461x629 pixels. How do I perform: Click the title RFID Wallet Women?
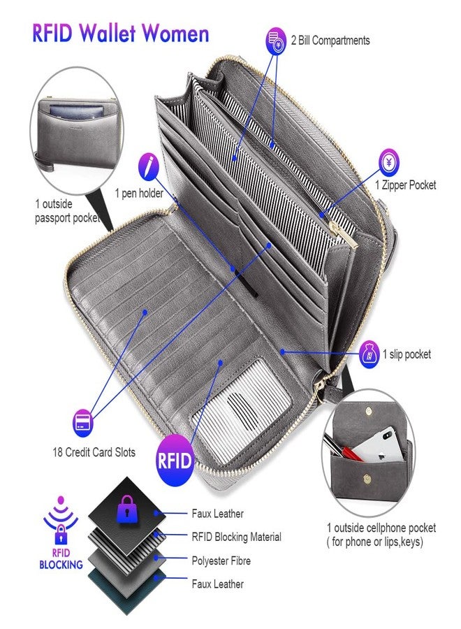pyautogui.click(x=121, y=33)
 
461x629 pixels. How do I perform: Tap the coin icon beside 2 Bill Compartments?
pyautogui.click(x=276, y=41)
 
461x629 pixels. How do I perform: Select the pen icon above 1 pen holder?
pyautogui.click(x=148, y=167)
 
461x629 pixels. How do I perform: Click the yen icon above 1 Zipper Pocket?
pyautogui.click(x=389, y=162)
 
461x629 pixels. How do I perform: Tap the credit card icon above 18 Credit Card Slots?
pyautogui.click(x=83, y=423)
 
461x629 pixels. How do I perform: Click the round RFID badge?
pyautogui.click(x=175, y=461)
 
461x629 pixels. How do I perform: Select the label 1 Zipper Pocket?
pyautogui.click(x=405, y=185)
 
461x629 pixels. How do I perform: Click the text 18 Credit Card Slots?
pyautogui.click(x=94, y=452)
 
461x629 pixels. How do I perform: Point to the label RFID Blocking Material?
pyautogui.click(x=237, y=537)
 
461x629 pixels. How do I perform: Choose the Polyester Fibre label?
pyautogui.click(x=221, y=561)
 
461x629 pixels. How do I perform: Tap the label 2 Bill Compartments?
pyautogui.click(x=330, y=40)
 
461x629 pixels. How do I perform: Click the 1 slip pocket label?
pyautogui.click(x=407, y=354)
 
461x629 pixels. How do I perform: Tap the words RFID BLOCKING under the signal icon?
pyautogui.click(x=61, y=559)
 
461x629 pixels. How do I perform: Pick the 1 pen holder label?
pyautogui.click(x=139, y=193)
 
